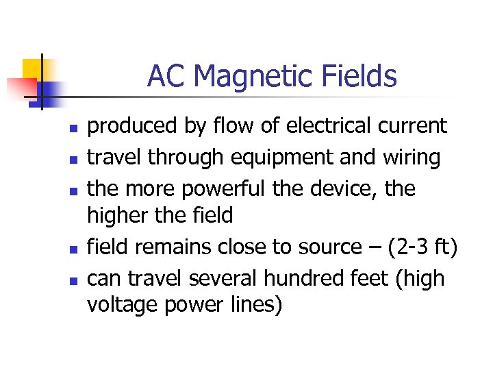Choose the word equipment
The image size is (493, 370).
pos(261,158)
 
